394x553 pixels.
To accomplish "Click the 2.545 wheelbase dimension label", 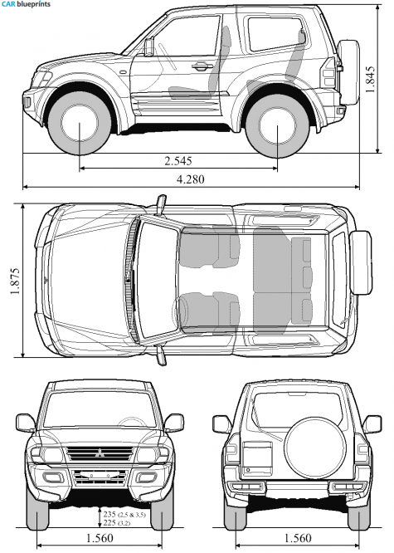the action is pos(178,161).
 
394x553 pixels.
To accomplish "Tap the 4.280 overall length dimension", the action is pos(190,179).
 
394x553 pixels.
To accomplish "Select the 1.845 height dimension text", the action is pos(370,80).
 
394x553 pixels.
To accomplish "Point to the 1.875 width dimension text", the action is pos(15,281).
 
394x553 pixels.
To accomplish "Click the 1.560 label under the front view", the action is pos(100,538).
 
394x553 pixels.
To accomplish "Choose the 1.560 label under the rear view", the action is pos(298,538).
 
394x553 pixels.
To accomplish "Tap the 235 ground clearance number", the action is pos(109,514).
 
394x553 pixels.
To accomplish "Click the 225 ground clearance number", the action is pos(109,522).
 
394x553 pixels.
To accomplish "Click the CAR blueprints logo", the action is pos(26,4).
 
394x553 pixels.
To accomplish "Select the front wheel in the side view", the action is pos(80,123).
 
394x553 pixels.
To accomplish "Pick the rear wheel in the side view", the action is pos(277,125).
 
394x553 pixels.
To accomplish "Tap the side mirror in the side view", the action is pos(149,46).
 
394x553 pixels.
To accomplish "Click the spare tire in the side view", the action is pos(348,72).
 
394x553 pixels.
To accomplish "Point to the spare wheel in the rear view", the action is pos(315,448).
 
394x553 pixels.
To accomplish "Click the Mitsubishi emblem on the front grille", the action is pos(100,453).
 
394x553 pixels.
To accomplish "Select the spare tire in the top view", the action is pos(361,262).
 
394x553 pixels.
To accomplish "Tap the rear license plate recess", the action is pos(257,458).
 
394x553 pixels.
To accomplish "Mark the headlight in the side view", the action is pos(41,79).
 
